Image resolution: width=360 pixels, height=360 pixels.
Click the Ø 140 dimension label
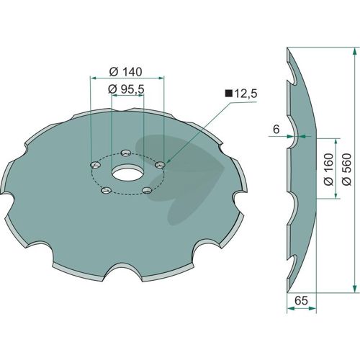click(125, 72)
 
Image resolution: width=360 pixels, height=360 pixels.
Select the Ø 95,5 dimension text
click(126, 89)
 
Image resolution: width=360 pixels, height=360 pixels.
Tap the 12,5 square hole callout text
click(246, 94)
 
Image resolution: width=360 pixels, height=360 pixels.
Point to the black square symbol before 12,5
click(229, 94)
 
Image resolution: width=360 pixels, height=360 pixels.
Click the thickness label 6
click(276, 130)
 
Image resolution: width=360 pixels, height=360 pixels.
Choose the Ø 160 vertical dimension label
click(329, 169)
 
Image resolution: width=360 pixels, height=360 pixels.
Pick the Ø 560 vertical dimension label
click(347, 169)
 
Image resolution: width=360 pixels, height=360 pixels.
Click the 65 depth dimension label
click(301, 300)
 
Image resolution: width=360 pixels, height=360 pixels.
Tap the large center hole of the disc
click(127, 172)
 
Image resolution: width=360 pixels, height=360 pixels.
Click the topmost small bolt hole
click(125, 153)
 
